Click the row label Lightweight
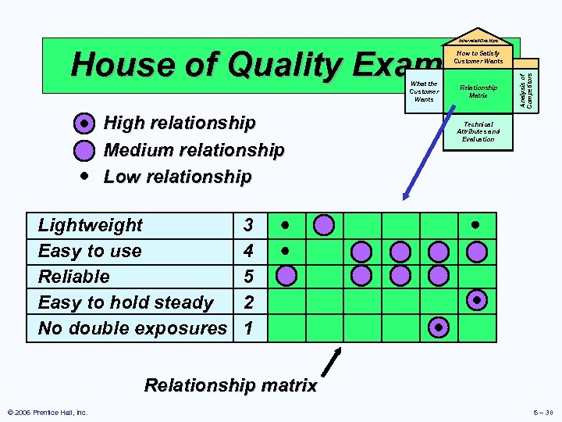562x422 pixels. tap(91, 226)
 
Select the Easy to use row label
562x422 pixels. tap(90, 252)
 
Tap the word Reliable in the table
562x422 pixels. tap(74, 277)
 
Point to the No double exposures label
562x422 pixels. tap(132, 328)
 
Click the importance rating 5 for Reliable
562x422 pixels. tap(248, 277)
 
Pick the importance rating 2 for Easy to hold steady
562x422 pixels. tap(248, 302)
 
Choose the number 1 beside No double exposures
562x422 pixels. tap(248, 328)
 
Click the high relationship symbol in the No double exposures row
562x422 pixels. tap(439, 327)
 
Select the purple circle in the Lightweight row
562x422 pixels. tap(325, 226)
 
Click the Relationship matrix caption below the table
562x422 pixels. tap(231, 385)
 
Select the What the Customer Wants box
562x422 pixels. tap(424, 92)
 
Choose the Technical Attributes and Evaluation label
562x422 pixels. tap(478, 131)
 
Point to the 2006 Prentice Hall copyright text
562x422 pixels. tap(48, 413)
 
